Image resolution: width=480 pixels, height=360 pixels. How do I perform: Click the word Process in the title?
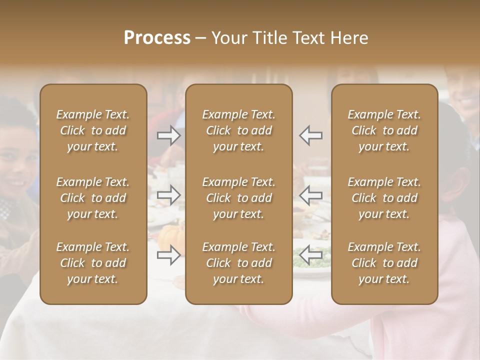(157, 38)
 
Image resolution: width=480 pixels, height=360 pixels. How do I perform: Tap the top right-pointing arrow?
(168, 135)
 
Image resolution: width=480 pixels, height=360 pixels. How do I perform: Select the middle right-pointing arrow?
(168, 195)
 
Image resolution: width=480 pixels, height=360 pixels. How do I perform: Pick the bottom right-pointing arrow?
(168, 255)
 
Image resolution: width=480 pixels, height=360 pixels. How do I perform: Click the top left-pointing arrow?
(311, 135)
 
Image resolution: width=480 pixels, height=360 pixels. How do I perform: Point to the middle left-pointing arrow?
(311, 195)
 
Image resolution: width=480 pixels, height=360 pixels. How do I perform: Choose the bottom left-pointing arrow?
(311, 255)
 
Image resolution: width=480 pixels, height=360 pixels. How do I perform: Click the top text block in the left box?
(93, 130)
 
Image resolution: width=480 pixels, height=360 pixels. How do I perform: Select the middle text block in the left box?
(93, 198)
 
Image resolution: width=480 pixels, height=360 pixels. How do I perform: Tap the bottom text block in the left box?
(93, 263)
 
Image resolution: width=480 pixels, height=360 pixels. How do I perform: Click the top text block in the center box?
(238, 130)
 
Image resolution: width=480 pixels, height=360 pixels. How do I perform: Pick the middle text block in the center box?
(238, 198)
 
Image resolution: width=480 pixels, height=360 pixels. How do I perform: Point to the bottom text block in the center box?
(238, 263)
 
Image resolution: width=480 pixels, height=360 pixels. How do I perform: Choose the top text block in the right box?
(384, 130)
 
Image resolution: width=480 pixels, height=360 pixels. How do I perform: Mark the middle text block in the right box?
(384, 198)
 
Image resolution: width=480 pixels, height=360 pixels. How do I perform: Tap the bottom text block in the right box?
(384, 263)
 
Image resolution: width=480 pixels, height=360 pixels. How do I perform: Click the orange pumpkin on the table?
(172, 235)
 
